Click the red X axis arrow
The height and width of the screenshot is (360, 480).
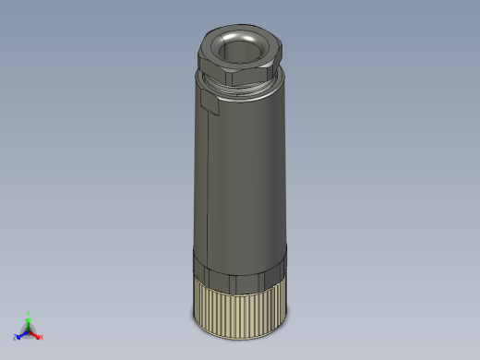click(x=36, y=335)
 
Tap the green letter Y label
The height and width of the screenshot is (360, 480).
click(x=29, y=313)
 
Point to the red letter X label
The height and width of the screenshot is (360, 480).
click(x=42, y=337)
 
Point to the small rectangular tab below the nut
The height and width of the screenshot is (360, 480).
click(x=207, y=103)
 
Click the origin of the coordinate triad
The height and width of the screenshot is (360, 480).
click(x=29, y=330)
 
